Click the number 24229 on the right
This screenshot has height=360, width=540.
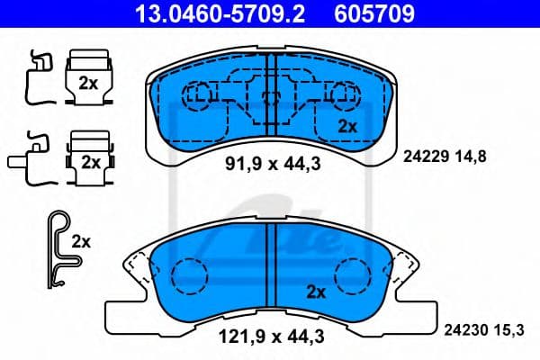coord(418,156)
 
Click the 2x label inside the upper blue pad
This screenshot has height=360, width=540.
coord(347,126)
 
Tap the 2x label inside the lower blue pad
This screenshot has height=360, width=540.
coord(315,291)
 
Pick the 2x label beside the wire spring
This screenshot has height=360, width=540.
coord(81,242)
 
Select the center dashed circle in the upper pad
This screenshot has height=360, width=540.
coord(269,95)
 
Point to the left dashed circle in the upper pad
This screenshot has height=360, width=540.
coord(197,94)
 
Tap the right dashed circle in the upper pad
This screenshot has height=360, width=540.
coord(342,94)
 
